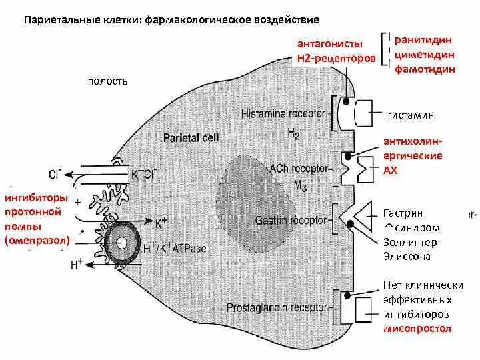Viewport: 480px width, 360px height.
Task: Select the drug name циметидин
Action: [x=425, y=55]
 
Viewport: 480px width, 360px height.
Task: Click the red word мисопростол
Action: [x=417, y=329]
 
